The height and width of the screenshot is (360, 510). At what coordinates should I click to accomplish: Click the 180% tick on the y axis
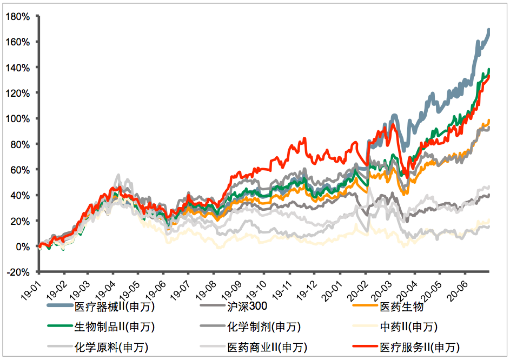click(x=19, y=16)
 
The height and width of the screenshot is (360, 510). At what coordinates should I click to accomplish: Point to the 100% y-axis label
click(x=19, y=118)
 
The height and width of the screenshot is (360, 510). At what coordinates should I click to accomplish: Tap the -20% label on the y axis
click(x=19, y=272)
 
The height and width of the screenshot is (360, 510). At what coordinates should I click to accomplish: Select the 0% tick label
click(x=23, y=246)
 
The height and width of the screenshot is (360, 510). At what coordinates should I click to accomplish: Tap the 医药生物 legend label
click(x=401, y=308)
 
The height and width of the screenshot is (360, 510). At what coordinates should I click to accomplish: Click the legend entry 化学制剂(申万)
click(x=263, y=327)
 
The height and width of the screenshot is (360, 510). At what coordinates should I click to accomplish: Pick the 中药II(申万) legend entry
click(x=408, y=327)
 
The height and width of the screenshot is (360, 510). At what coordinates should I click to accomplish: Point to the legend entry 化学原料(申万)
click(x=111, y=347)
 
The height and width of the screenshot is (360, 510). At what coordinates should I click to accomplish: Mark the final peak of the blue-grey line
click(x=489, y=30)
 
